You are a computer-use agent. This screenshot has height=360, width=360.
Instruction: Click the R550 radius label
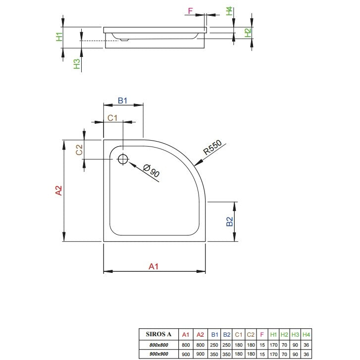coord(212,147)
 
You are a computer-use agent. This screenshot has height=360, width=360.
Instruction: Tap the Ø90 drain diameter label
coord(152,171)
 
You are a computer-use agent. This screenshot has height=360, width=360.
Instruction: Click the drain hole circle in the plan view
coord(123,159)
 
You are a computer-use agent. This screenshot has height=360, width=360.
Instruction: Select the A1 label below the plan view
coord(154,266)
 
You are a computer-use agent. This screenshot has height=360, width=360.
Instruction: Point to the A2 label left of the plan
coord(59,190)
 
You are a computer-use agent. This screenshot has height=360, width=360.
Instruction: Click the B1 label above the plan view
coord(122,101)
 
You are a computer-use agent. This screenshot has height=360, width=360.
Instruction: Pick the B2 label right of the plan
coord(230,221)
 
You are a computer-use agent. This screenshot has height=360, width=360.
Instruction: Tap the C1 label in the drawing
coord(112,118)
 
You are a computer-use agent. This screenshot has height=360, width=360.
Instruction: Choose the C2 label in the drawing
coord(79,150)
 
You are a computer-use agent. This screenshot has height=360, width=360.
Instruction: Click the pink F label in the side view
coord(190,11)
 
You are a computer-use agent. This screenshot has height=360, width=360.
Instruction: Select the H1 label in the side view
coord(59,37)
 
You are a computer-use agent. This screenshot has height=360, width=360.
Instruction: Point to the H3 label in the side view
coord(77,64)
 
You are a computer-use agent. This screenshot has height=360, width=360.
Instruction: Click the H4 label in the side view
coord(229,11)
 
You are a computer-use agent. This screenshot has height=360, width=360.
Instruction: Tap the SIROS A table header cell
coord(158,334)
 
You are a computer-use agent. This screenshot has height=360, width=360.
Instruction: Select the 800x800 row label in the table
coord(158,345)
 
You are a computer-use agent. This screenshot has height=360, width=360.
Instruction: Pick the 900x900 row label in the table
coord(158,354)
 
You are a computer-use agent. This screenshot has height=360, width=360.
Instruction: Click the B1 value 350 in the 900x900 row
coord(214,354)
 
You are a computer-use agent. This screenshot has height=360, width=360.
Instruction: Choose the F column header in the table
coord(262,335)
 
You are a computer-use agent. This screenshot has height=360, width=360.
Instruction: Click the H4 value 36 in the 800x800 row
coord(306,345)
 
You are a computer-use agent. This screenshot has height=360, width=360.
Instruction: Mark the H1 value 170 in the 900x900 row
coord(273,354)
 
